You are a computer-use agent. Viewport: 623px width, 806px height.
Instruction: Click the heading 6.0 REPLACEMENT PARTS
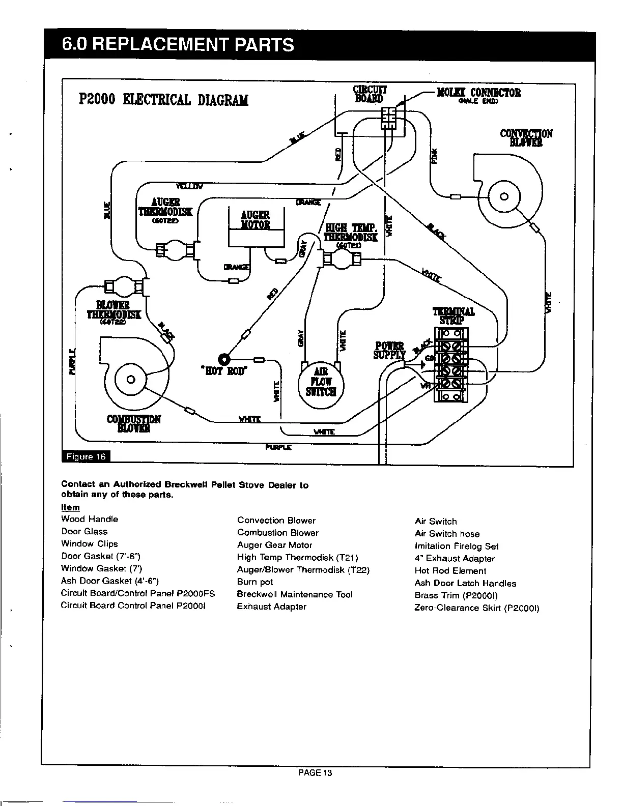(178, 45)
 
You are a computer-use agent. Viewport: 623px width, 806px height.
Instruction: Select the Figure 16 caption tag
(86, 456)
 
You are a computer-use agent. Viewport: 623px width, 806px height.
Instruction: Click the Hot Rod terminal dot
(223, 359)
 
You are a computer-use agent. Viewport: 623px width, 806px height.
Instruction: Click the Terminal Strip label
(454, 315)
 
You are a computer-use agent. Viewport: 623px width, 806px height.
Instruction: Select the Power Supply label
(389, 350)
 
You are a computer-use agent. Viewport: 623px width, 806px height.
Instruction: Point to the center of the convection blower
(504, 196)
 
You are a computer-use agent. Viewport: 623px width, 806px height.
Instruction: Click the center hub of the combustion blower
(130, 379)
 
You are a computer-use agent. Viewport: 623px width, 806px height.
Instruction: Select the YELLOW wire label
(189, 185)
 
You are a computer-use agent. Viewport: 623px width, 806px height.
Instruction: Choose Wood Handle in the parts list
(90, 519)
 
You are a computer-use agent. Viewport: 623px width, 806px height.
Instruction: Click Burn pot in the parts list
(255, 582)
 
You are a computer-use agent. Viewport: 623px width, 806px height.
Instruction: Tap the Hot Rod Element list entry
(450, 570)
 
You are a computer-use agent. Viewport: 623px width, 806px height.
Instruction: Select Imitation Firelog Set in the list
(457, 546)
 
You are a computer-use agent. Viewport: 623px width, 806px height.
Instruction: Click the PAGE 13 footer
(315, 773)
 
